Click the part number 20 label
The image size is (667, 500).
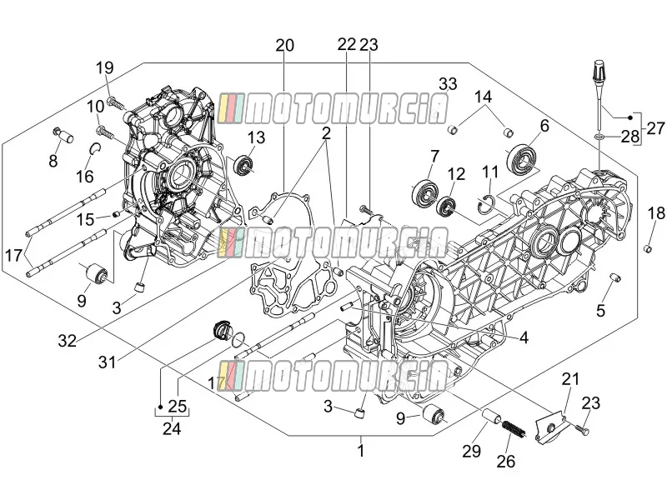tap(284, 45)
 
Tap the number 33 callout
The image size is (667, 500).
tap(448, 84)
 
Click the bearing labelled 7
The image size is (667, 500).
tap(424, 192)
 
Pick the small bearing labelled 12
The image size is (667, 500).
tap(447, 207)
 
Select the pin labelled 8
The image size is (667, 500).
tap(64, 135)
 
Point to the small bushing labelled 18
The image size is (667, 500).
tap(648, 247)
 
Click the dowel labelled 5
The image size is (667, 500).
tap(615, 277)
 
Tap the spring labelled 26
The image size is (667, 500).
tap(514, 428)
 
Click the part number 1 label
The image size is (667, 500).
tap(361, 451)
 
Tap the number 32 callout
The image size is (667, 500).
tap(68, 340)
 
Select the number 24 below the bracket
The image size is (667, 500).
tap(172, 428)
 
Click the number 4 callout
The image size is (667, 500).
tap(524, 337)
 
